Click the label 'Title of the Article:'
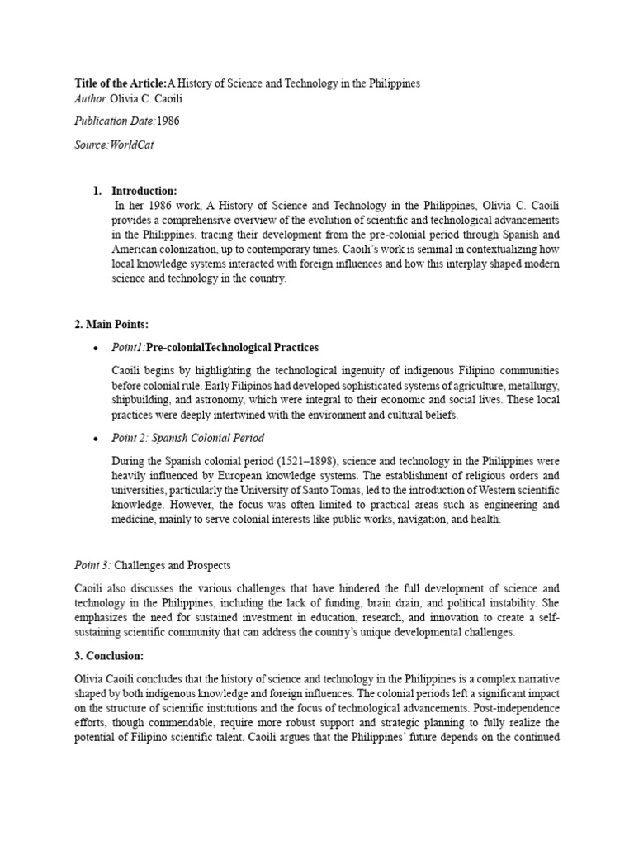(120, 83)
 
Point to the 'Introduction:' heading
(144, 192)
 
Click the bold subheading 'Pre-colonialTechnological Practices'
(232, 348)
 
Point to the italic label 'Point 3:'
(92, 566)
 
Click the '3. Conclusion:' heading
(109, 656)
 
